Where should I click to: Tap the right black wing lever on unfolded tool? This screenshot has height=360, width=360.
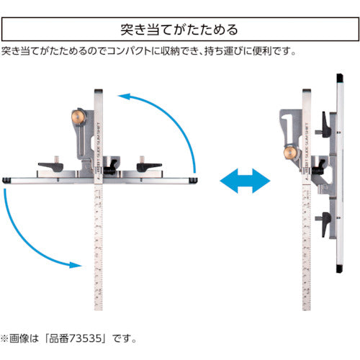coord(151,165)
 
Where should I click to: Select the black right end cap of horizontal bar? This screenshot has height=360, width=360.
coord(194,177)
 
